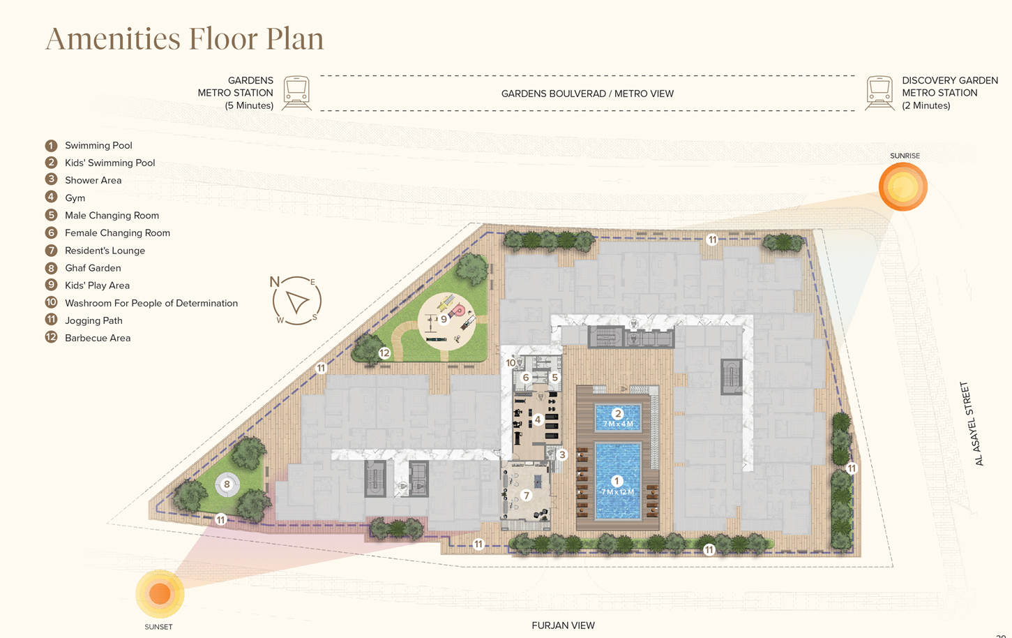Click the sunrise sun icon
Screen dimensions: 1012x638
903,186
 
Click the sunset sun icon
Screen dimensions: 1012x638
160,594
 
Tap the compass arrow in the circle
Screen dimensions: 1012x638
297,302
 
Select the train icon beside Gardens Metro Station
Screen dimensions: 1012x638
296,93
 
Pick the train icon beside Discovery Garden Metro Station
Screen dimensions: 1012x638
879,93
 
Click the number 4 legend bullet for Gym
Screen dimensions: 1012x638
51,197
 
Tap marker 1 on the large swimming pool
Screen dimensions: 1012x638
617,481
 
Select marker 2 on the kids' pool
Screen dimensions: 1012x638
618,413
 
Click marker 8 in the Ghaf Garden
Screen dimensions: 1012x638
227,484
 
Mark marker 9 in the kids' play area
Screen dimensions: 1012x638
444,319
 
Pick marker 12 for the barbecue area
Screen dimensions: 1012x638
384,353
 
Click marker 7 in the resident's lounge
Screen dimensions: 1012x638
527,495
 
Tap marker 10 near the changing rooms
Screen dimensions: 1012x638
511,363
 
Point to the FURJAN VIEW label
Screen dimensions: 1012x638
563,625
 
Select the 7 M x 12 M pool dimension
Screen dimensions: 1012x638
617,492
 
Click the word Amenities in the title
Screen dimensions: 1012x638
113,38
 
